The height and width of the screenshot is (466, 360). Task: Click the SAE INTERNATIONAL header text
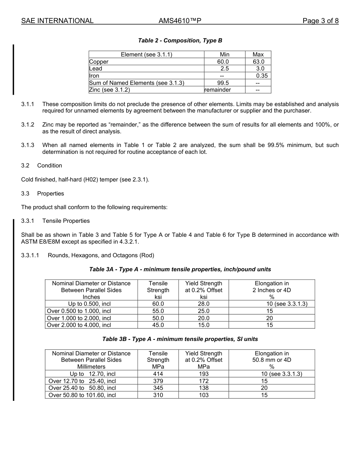(57, 21)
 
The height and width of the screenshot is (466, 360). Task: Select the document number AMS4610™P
(180, 21)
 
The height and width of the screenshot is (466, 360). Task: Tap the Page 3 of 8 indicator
(320, 21)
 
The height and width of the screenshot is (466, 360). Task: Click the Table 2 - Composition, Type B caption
(180, 41)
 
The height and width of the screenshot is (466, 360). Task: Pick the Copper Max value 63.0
(258, 62)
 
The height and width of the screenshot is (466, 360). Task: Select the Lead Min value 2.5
(224, 69)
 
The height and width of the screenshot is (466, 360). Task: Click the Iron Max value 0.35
(261, 76)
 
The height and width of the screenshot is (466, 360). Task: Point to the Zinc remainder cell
(218, 90)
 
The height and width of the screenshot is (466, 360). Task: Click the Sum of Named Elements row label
(136, 83)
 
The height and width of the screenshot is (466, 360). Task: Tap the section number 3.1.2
(28, 125)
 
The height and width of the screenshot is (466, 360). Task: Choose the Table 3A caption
(180, 269)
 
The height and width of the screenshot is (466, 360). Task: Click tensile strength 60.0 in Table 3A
(158, 304)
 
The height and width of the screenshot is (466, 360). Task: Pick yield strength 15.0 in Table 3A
(203, 325)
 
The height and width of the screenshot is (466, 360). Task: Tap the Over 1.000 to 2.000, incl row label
(79, 318)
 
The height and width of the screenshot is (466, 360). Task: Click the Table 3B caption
(180, 339)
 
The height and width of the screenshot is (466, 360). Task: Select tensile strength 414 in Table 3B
(158, 374)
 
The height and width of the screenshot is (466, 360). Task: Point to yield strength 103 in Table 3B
(203, 395)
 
